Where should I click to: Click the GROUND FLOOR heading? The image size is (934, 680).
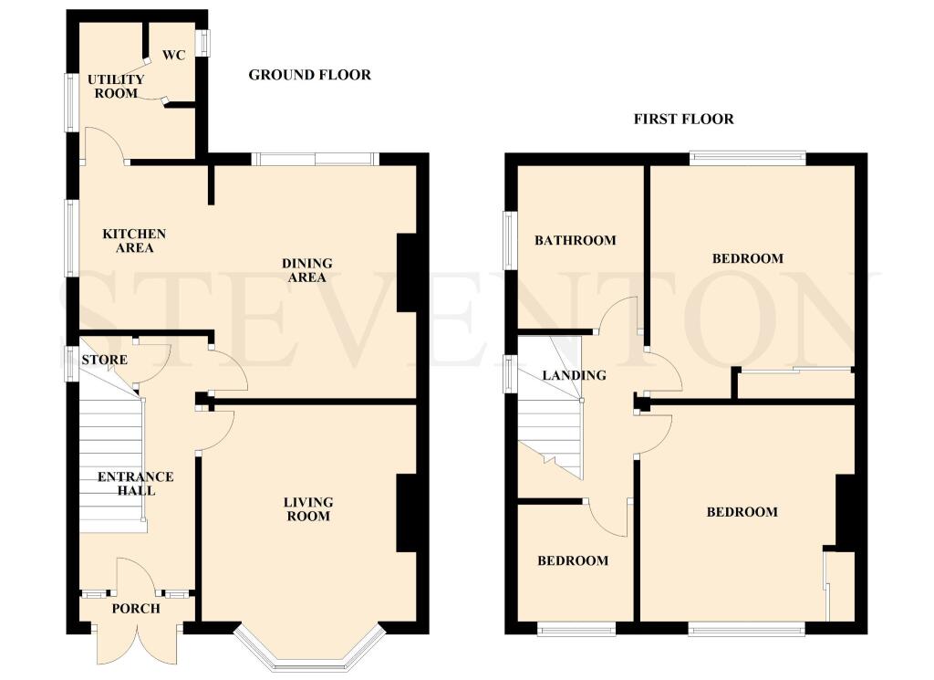pos(309,75)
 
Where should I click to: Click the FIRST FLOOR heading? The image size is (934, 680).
pos(684,119)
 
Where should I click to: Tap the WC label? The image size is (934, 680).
pos(173,55)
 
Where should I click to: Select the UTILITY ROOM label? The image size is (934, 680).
pos(116,87)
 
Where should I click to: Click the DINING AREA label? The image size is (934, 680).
pos(306,270)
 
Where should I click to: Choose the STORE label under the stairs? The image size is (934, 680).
pos(104,360)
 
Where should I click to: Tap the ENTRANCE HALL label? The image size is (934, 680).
pos(135,483)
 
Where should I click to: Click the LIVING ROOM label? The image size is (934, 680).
pos(308,508)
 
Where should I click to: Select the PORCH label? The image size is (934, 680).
pos(135,609)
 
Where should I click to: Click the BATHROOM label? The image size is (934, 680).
pos(575,240)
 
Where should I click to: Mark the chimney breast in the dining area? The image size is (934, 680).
pos(406,273)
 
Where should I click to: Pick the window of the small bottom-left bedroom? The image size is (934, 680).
pos(576,628)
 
